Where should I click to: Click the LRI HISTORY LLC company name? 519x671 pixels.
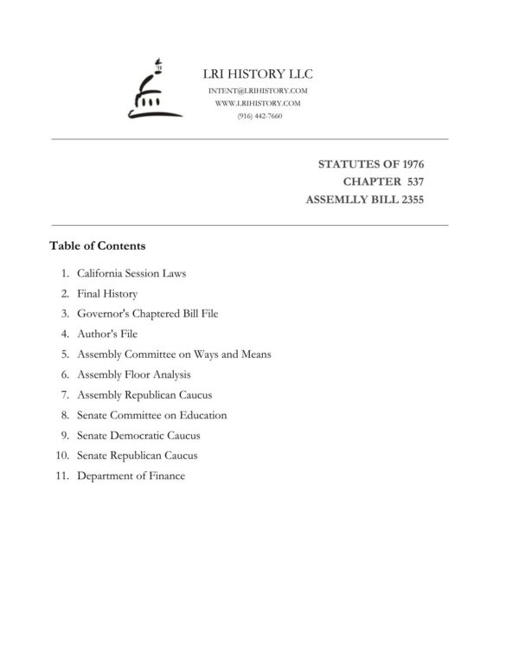pyautogui.click(x=257, y=73)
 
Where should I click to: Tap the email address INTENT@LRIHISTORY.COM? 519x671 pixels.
pyautogui.click(x=258, y=91)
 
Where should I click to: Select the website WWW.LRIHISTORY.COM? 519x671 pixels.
pyautogui.click(x=258, y=103)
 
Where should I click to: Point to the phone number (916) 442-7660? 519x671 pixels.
pyautogui.click(x=259, y=115)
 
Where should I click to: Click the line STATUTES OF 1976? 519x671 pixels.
pyautogui.click(x=371, y=163)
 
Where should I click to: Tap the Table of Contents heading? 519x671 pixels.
pyautogui.click(x=98, y=246)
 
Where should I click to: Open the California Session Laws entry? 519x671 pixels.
pyautogui.click(x=131, y=273)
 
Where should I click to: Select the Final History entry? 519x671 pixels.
pyautogui.click(x=107, y=294)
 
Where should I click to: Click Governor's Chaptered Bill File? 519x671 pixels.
pyautogui.click(x=147, y=314)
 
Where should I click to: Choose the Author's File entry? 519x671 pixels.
pyautogui.click(x=107, y=334)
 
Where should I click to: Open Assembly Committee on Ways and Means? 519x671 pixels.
pyautogui.click(x=173, y=355)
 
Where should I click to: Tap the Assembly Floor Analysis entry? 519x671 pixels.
pyautogui.click(x=133, y=374)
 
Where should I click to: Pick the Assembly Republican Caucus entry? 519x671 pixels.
pyautogui.click(x=144, y=394)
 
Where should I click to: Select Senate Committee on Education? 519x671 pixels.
pyautogui.click(x=151, y=415)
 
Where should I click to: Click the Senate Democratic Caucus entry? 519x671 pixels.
pyautogui.click(x=138, y=435)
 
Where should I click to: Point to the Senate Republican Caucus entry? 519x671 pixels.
pyautogui.click(x=137, y=455)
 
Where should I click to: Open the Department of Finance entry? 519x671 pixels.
pyautogui.click(x=131, y=476)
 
